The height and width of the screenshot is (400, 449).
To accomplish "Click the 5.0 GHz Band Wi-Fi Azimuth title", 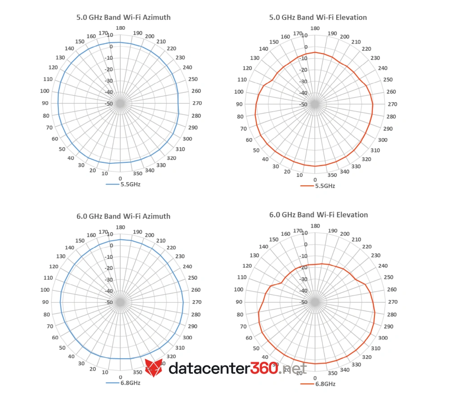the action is click(123, 18).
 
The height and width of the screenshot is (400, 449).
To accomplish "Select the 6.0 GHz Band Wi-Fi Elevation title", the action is click(318, 215).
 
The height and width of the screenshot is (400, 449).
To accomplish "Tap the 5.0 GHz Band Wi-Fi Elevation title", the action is click(318, 18).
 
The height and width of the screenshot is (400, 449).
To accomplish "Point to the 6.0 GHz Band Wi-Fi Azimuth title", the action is click(123, 216).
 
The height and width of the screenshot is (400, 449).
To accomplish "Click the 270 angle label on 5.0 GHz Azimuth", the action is click(197, 103).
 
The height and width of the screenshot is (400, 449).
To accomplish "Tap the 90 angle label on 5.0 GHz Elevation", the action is click(239, 104).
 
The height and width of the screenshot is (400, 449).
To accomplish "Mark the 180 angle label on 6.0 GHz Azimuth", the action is click(120, 227).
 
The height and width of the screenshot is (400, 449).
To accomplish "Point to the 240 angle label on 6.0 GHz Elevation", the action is click(383, 266).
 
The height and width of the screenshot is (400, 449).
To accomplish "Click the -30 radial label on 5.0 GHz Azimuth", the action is click(109, 81).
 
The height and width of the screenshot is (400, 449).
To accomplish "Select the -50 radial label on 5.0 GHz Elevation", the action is click(303, 104).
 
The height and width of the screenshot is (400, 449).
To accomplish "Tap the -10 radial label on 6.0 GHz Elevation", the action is click(303, 256).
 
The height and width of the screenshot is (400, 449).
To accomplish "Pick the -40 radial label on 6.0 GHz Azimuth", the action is click(109, 291).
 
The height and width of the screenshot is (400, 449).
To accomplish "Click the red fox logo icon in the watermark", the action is click(154, 368).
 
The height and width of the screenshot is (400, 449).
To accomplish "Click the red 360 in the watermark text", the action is click(264, 368).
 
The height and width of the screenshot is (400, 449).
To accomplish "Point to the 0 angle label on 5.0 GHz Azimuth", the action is click(120, 179).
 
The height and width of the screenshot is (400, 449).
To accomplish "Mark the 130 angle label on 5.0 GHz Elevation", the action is click(255, 58).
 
